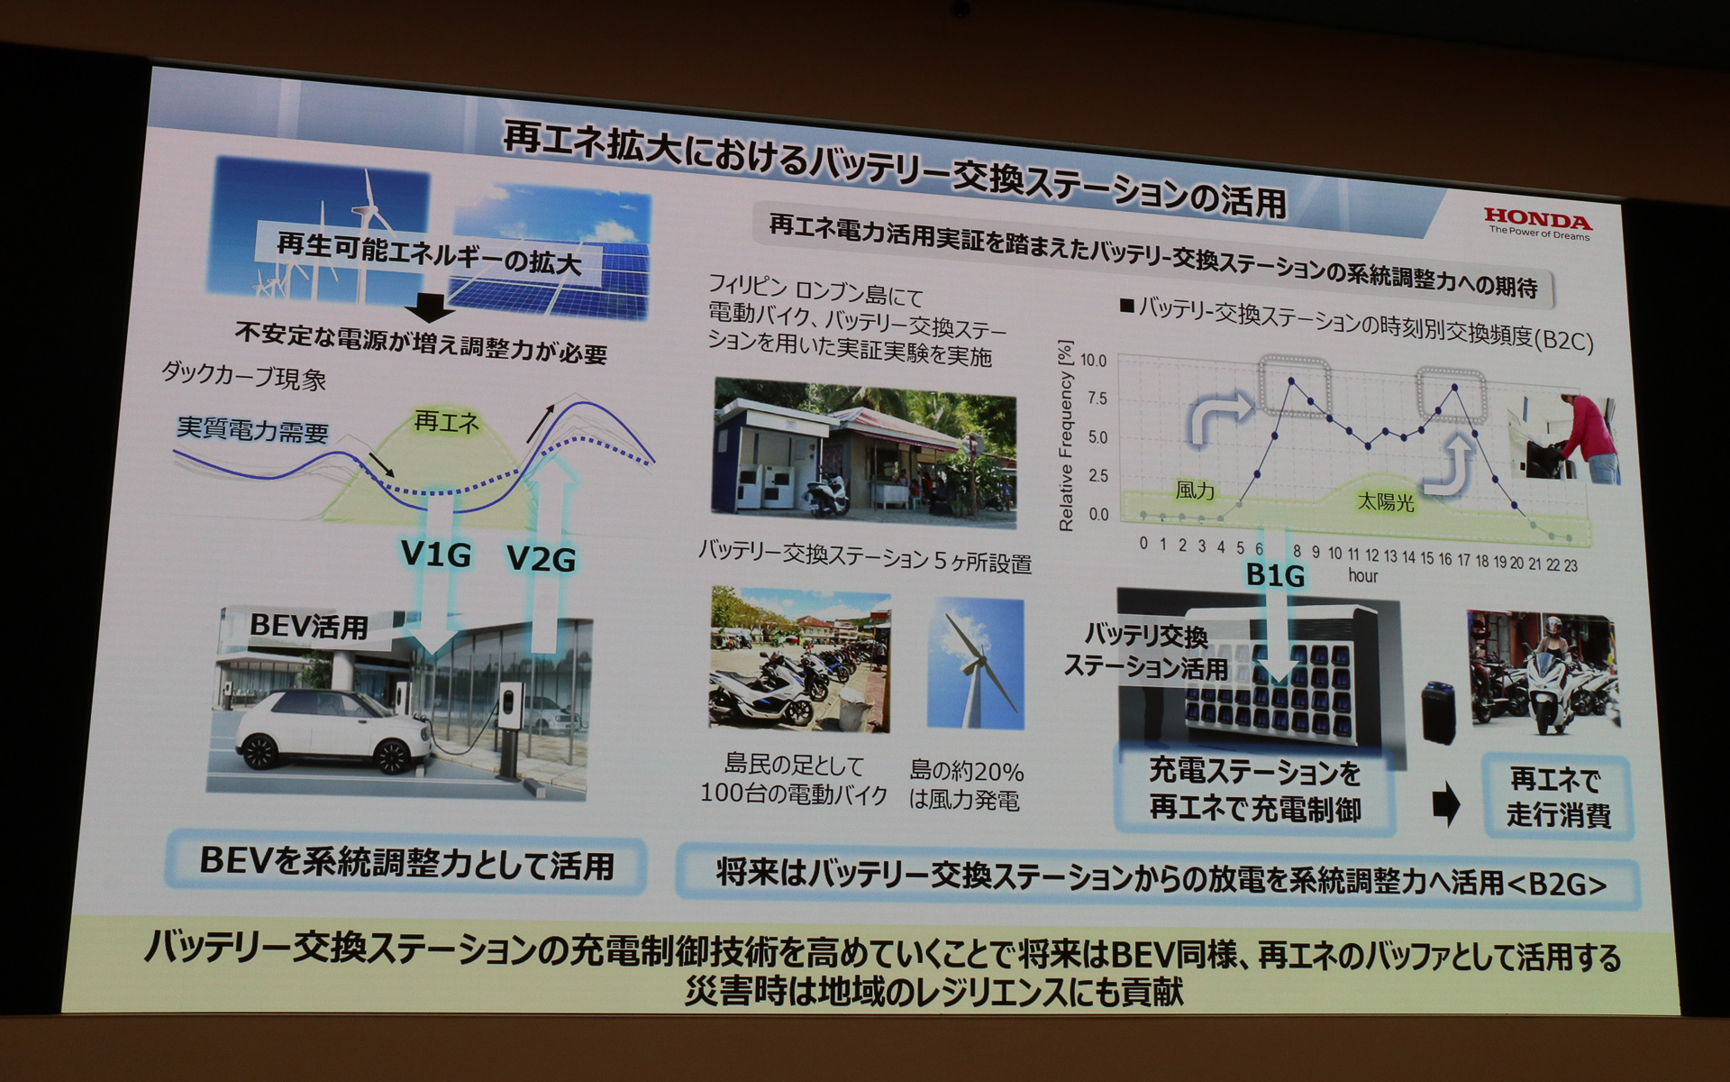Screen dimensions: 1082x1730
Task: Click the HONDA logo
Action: [x=1538, y=219]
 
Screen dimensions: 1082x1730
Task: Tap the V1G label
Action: [x=435, y=554]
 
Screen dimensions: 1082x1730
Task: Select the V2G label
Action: [x=541, y=559]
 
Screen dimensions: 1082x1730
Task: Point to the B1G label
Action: [x=1274, y=574]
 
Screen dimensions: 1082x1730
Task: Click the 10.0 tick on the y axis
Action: [x=1093, y=361]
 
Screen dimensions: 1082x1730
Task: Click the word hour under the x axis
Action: [x=1362, y=575]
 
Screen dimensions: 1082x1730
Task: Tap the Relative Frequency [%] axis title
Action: [x=1066, y=436]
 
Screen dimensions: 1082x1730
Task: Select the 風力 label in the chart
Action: [x=1196, y=491]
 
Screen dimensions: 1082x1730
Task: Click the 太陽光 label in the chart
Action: [x=1386, y=502]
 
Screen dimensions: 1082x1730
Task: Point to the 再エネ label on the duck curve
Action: [x=446, y=421]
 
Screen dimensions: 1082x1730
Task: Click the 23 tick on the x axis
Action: [x=1571, y=565]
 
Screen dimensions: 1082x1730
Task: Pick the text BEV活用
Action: [x=308, y=626]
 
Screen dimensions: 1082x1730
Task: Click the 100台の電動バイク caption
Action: [x=794, y=793]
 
